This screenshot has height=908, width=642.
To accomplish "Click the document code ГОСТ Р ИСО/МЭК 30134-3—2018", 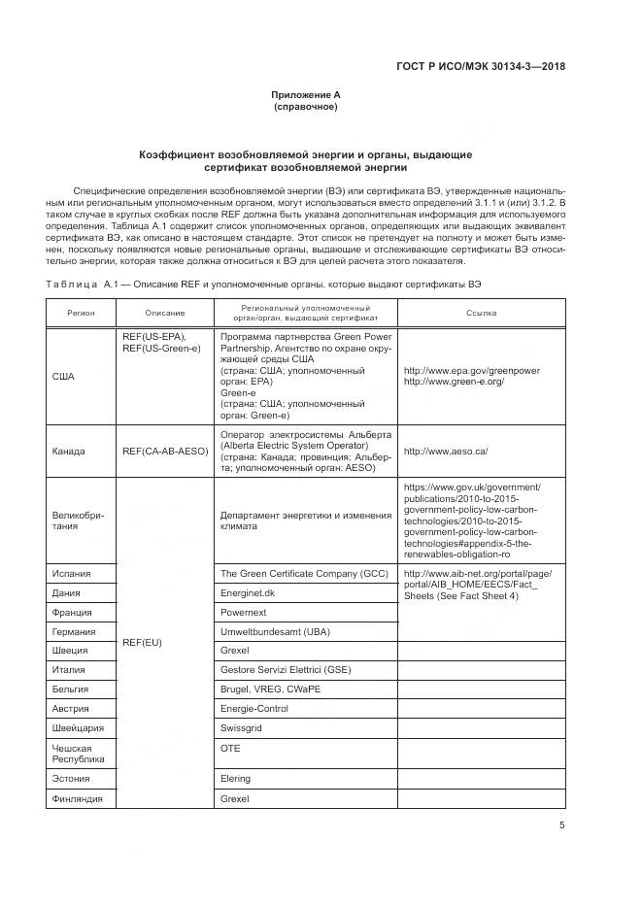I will click(x=481, y=67).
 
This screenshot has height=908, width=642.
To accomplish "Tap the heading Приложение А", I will click(x=306, y=95).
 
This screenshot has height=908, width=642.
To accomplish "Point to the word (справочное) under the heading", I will click(x=306, y=107).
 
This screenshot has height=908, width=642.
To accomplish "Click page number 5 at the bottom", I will click(x=561, y=825).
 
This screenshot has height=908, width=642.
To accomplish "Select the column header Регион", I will click(x=81, y=313).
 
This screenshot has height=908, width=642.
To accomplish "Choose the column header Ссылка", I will click(x=481, y=313).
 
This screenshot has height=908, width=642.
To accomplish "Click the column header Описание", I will click(x=165, y=313).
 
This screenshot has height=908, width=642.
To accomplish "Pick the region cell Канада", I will click(x=69, y=451).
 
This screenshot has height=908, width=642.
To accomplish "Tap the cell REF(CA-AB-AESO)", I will click(x=165, y=451).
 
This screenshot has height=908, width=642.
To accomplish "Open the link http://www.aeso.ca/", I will click(x=445, y=451).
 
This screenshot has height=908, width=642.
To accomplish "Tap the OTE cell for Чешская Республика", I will click(x=230, y=749).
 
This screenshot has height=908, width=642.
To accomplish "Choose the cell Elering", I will click(x=236, y=778).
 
